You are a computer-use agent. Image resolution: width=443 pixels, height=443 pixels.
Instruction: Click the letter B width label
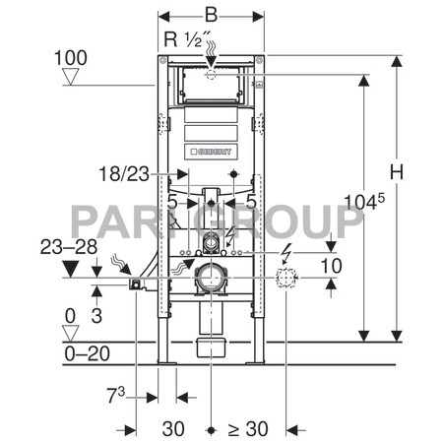pyautogui.click(x=212, y=17)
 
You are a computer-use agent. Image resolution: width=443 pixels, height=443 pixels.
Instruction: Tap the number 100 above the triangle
pyautogui.click(x=70, y=58)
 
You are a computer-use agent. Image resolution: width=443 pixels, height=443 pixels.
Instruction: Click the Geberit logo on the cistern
pyautogui.click(x=212, y=152)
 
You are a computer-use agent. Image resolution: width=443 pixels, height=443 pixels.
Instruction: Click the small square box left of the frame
pyautogui.click(x=135, y=285)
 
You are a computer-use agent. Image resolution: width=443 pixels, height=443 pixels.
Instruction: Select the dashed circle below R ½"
pyautogui.click(x=212, y=74)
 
